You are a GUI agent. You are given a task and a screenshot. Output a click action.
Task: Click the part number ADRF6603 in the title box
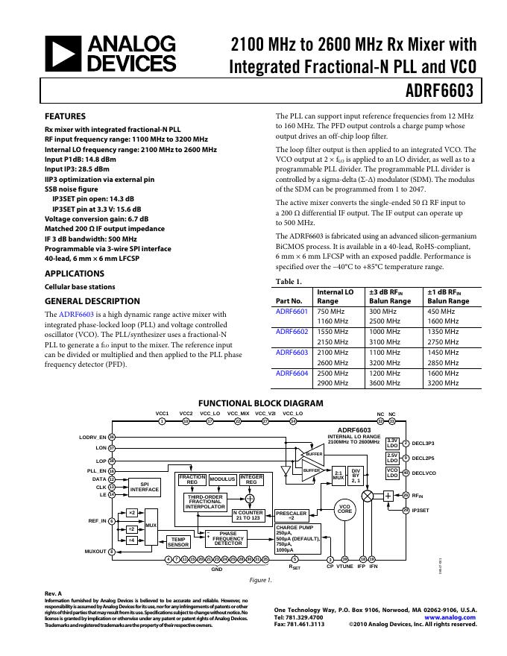(441, 92)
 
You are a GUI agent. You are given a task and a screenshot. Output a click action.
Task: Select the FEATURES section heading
(65, 116)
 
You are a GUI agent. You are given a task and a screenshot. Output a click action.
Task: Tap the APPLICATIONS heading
(75, 274)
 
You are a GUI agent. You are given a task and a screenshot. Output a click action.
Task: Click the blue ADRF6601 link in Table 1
(292, 310)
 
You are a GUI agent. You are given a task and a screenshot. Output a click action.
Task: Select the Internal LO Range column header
(336, 296)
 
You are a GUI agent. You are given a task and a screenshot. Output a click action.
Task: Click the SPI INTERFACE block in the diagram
(145, 487)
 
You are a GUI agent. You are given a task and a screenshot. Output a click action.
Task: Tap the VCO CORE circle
(344, 509)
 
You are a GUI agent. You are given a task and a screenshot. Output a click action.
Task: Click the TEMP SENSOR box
(178, 542)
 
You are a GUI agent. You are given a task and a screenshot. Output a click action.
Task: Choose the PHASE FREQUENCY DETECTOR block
(228, 538)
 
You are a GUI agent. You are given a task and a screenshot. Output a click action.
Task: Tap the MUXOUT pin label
(95, 552)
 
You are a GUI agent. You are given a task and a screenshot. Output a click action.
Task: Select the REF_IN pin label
(97, 520)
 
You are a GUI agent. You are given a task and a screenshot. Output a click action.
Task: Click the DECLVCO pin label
(423, 473)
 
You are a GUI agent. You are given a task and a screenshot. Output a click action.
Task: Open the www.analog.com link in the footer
(450, 618)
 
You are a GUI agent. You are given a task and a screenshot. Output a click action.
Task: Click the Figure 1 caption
(259, 579)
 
